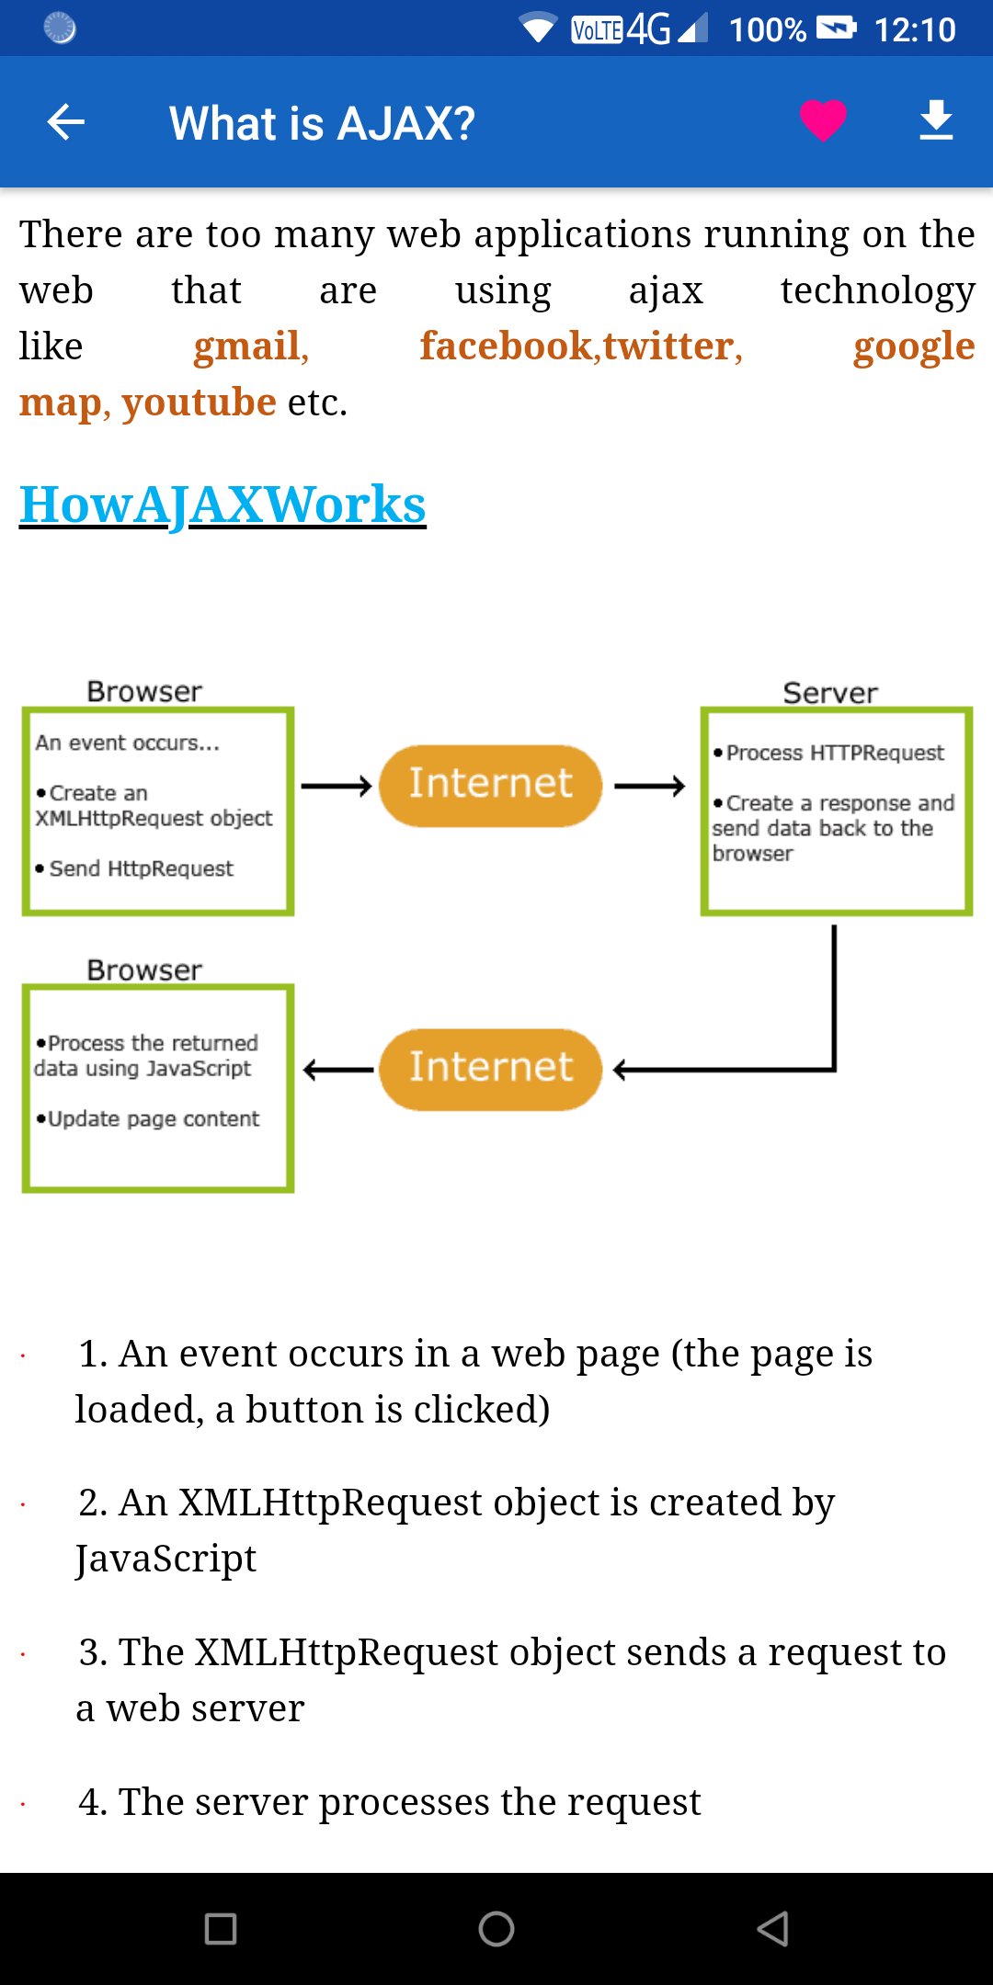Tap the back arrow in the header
tap(66, 121)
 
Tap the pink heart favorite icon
tap(822, 119)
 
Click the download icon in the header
tap(936, 120)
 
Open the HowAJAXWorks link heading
tap(223, 505)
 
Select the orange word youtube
tap(199, 403)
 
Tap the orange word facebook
tap(507, 346)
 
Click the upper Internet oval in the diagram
tap(490, 785)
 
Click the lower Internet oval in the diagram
tap(490, 1069)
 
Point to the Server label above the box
tap(829, 692)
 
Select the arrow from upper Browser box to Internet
tap(337, 786)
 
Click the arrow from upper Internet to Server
tap(649, 786)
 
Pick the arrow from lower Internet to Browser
tap(338, 1070)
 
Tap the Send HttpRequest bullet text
tap(141, 868)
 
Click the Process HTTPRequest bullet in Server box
tap(834, 753)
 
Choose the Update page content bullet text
tap(153, 1118)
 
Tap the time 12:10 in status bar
tap(914, 29)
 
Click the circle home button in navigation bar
tap(496, 1928)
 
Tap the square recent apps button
tap(221, 1928)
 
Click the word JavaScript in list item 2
tap(165, 1559)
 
